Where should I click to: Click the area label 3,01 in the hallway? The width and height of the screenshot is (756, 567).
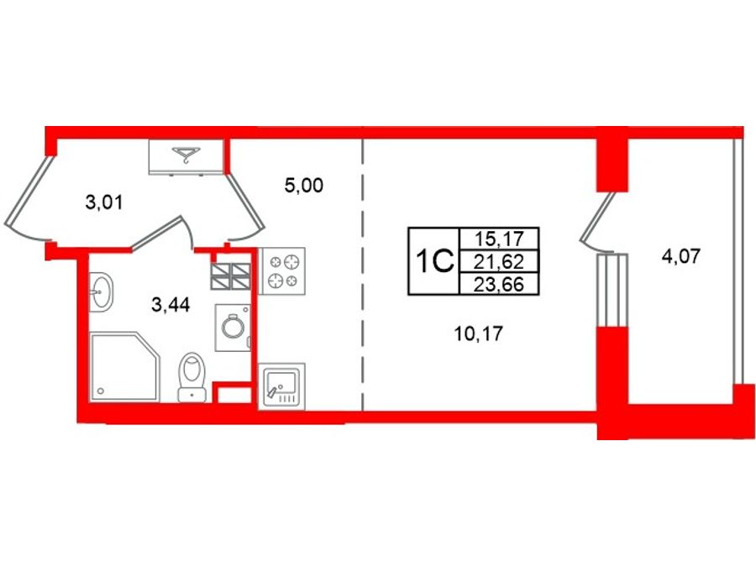103,202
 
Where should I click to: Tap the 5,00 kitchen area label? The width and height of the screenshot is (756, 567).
304,185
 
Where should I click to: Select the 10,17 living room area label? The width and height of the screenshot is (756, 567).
478,333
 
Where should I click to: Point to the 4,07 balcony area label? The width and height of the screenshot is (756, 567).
680,255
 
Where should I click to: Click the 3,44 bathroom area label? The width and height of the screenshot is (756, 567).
171,305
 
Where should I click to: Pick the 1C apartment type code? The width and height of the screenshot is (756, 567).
434,261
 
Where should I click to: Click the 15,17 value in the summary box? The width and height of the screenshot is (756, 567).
498,239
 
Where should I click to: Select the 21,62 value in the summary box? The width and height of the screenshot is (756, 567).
498,261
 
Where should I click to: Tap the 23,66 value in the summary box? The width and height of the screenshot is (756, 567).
498,284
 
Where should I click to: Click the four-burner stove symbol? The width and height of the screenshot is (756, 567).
282,271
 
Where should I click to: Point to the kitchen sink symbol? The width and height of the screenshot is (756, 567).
282,386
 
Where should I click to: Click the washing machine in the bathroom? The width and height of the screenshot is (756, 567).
233,328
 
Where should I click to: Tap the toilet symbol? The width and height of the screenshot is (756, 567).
192,377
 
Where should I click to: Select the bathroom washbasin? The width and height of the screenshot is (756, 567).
101,291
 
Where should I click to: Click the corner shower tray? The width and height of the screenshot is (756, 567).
124,366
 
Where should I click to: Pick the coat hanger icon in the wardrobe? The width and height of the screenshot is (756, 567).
186,155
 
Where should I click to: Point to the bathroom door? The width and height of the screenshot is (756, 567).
162,233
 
